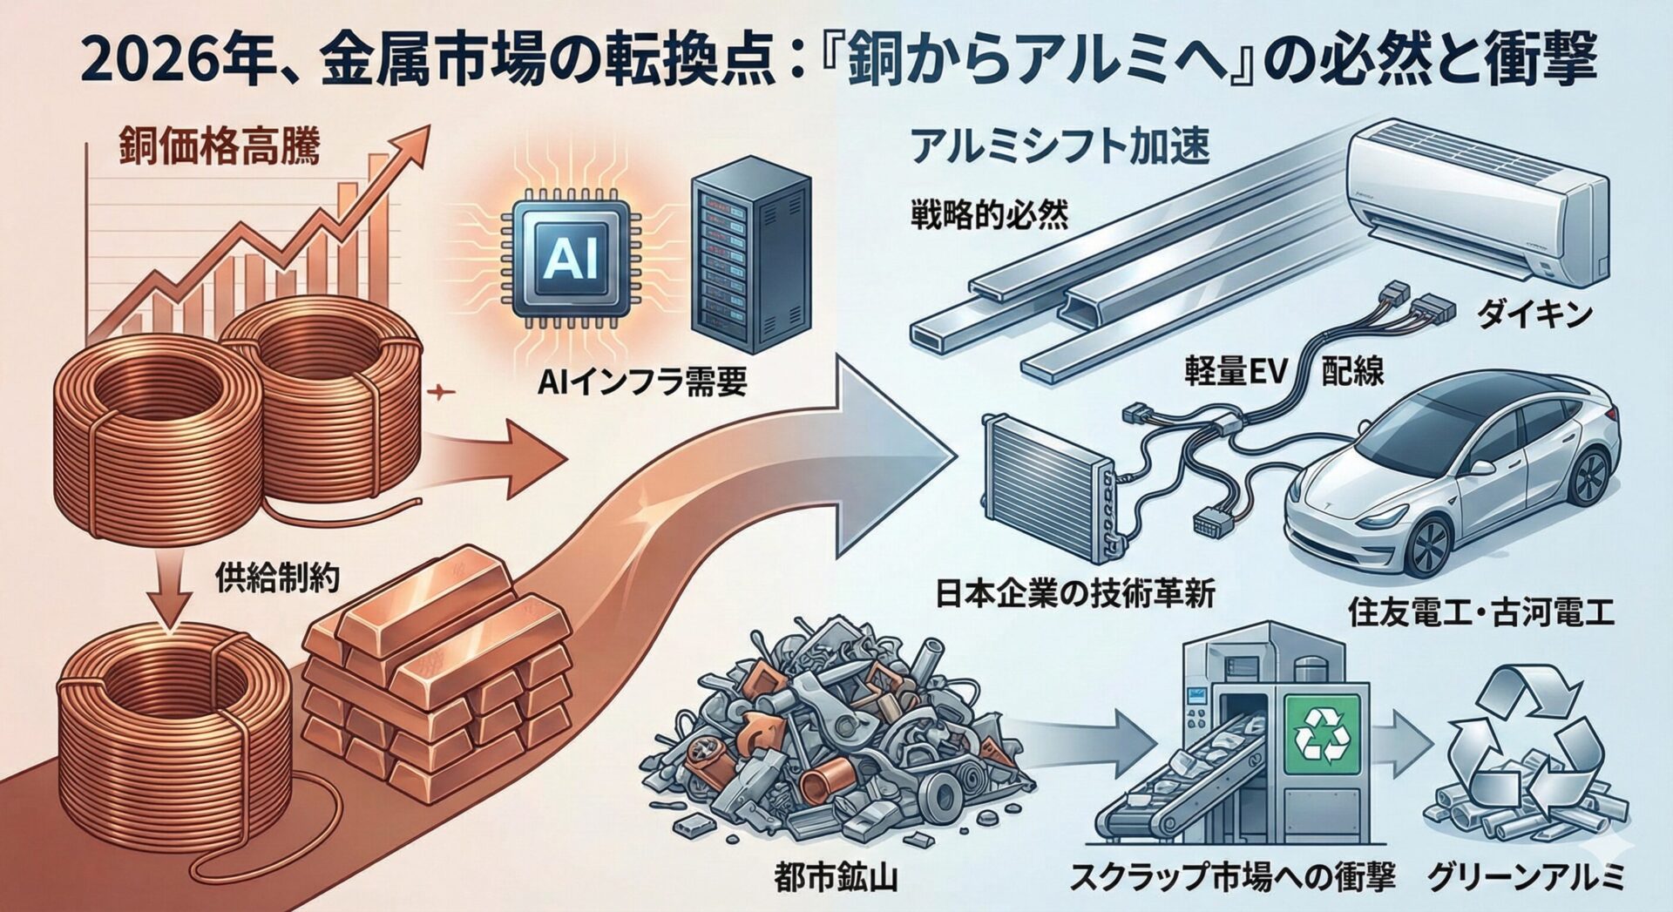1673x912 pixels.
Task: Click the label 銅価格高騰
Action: coord(219,148)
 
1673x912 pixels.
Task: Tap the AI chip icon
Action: coord(570,258)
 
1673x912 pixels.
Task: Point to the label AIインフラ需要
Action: coord(641,382)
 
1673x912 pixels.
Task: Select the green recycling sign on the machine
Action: coord(1322,733)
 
